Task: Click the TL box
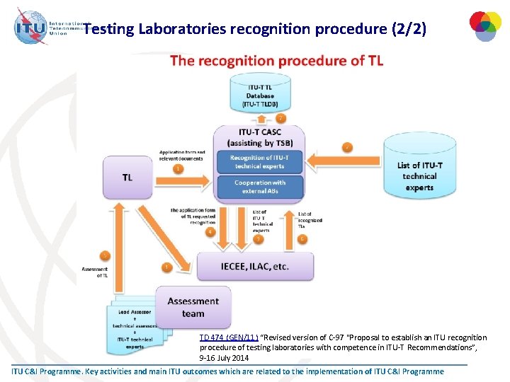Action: (127, 178)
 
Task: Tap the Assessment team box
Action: (193, 307)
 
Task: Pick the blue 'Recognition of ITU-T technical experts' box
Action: (259, 161)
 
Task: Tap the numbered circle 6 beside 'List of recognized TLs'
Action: (302, 239)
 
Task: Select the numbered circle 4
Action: (210, 231)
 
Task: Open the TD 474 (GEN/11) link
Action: (227, 338)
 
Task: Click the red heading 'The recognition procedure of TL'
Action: (276, 61)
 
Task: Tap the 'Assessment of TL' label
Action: (95, 272)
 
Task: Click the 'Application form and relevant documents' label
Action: (182, 155)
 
